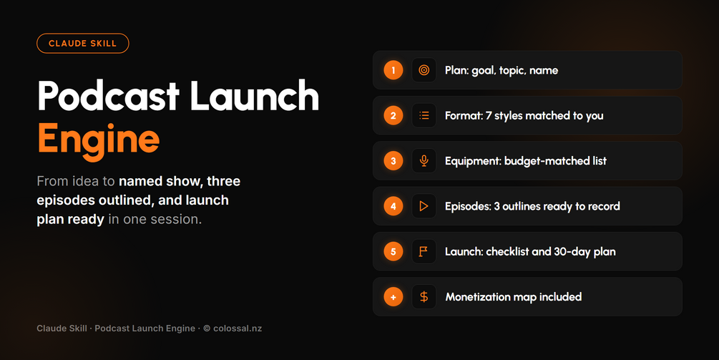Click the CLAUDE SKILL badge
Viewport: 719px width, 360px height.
[82, 44]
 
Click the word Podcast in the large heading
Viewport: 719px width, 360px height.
[108, 95]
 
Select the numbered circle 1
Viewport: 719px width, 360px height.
[393, 70]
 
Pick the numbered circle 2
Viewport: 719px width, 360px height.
[393, 115]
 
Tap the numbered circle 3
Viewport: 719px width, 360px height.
[393, 161]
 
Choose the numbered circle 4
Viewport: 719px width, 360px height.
[393, 206]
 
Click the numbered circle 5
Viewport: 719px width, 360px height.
[393, 251]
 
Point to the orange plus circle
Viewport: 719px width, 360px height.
[393, 297]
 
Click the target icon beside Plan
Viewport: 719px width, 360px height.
[424, 70]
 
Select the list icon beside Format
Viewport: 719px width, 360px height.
[424, 115]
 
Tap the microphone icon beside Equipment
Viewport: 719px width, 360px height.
[424, 161]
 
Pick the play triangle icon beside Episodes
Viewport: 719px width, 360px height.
[424, 206]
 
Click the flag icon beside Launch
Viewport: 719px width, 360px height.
[424, 251]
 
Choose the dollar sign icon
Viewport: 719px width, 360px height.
[424, 297]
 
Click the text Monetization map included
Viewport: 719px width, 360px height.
[514, 297]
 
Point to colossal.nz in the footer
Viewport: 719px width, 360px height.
[238, 329]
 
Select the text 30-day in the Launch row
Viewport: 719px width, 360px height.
[572, 252]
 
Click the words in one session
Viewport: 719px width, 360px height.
[155, 219]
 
